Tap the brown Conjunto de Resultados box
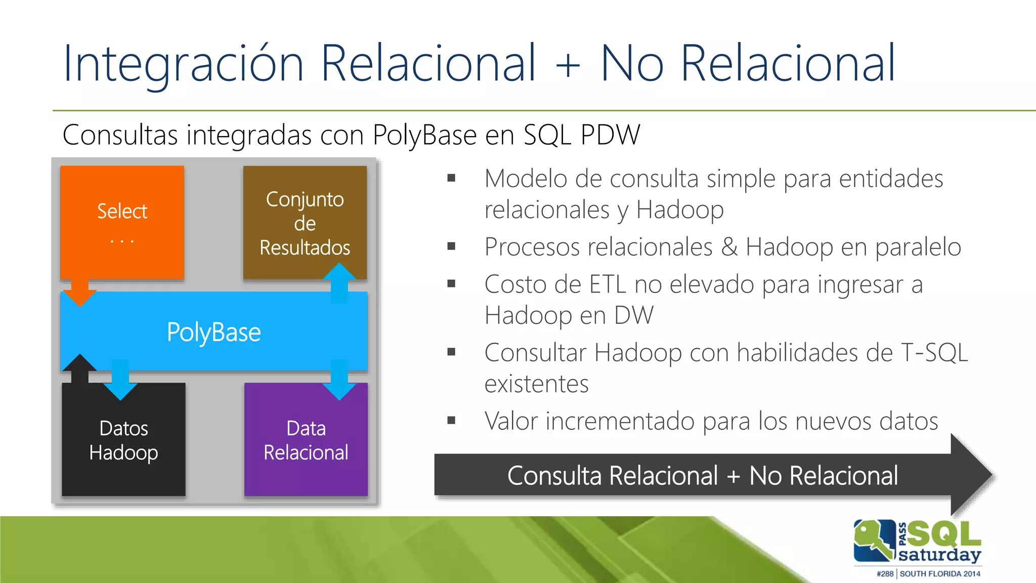(x=305, y=223)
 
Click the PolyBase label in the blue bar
(x=213, y=332)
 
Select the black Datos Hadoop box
(x=123, y=440)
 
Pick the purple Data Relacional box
(x=306, y=440)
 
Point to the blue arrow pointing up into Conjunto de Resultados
(x=339, y=281)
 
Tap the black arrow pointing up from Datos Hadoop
(x=79, y=367)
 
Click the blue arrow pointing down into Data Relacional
(x=339, y=382)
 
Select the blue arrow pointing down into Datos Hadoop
(x=120, y=382)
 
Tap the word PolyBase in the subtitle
(x=424, y=135)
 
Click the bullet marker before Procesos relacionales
(x=451, y=246)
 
